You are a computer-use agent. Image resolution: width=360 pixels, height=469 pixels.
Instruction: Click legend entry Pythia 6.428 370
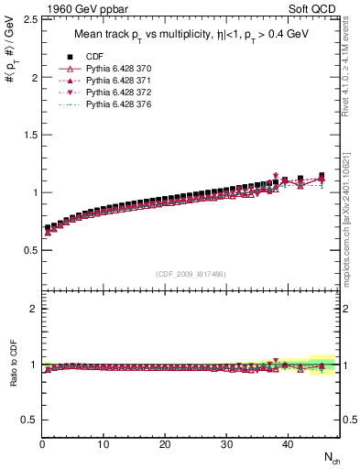tap(117, 69)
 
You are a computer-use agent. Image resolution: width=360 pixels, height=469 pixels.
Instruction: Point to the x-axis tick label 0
tap(42, 445)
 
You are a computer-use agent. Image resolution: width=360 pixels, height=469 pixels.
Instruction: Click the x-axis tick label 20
tap(165, 445)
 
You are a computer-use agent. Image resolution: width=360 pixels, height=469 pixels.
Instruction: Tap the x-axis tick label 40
tap(287, 445)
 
